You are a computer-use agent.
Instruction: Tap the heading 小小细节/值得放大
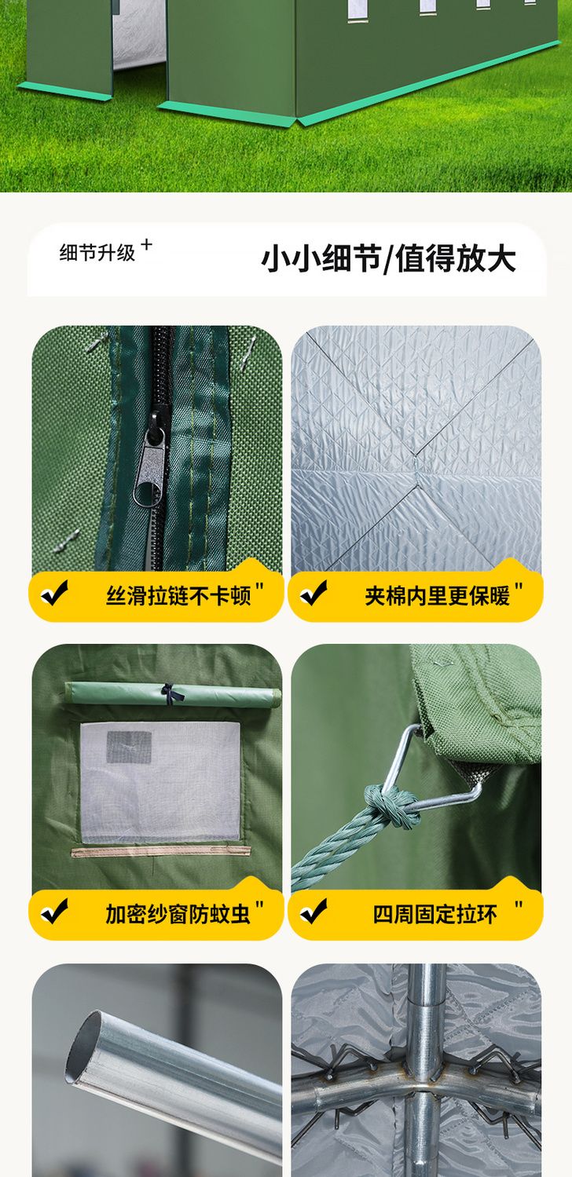pyautogui.click(x=388, y=258)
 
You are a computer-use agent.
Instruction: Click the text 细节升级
pyautogui.click(x=97, y=253)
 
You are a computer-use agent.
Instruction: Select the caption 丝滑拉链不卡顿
pyautogui.click(x=178, y=597)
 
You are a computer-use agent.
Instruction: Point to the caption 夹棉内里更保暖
pyautogui.click(x=438, y=597)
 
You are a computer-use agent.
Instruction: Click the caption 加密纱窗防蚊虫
pyautogui.click(x=178, y=915)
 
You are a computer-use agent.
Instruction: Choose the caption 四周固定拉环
pyautogui.click(x=434, y=915)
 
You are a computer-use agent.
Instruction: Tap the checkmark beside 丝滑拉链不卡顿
pyautogui.click(x=54, y=594)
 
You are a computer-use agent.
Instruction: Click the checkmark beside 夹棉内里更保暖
pyautogui.click(x=313, y=594)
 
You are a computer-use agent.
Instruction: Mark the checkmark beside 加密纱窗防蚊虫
pyautogui.click(x=54, y=911)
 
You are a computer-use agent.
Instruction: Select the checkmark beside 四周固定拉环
pyautogui.click(x=313, y=911)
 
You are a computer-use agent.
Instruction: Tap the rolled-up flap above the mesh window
pyautogui.click(x=173, y=695)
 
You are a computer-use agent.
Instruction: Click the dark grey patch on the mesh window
pyautogui.click(x=129, y=747)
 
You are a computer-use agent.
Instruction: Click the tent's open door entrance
pyautogui.click(x=139, y=47)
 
